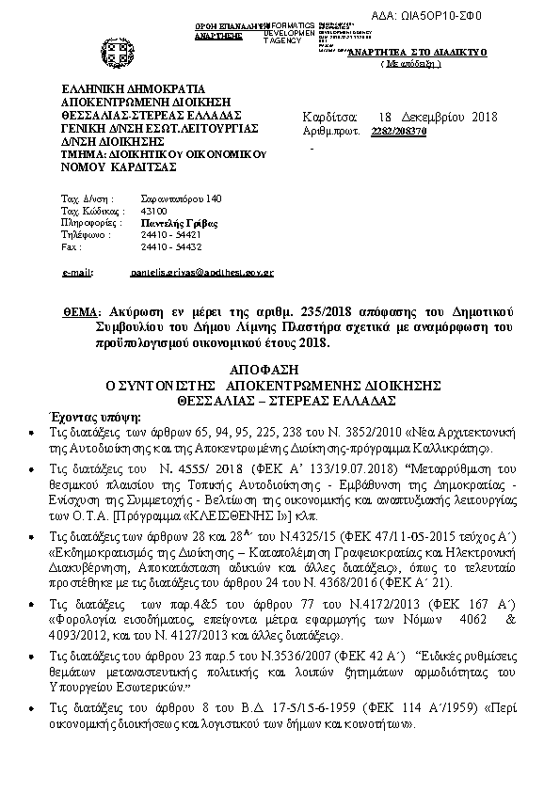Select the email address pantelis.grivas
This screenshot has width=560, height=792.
coord(201,272)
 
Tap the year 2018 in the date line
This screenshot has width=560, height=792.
coord(484,118)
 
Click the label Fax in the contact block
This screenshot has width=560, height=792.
coord(69,247)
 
